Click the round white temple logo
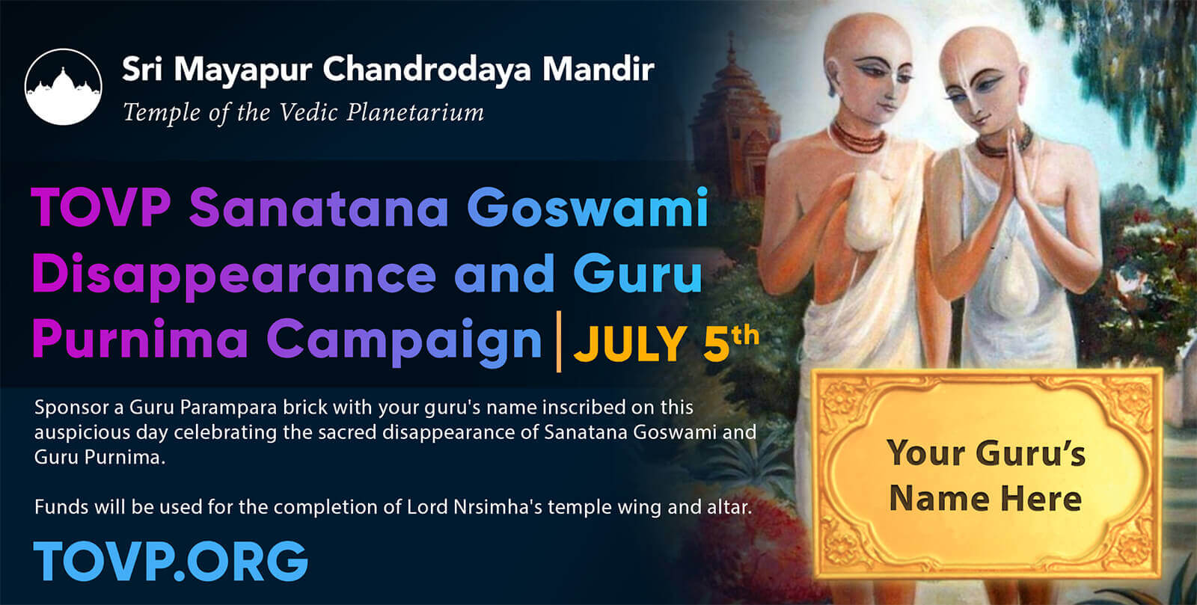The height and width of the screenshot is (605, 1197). [x=63, y=87]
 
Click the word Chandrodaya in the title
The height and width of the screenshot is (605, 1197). [x=426, y=70]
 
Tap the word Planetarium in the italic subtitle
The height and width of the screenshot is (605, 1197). [x=415, y=113]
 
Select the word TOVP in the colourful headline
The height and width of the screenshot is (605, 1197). [x=101, y=208]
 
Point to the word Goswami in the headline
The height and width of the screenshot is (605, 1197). [x=588, y=208]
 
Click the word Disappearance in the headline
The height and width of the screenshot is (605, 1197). [x=234, y=275]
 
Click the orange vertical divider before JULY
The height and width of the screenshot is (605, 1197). [x=558, y=341]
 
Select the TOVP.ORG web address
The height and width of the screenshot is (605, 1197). [x=171, y=561]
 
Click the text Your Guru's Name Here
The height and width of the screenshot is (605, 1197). [x=986, y=476]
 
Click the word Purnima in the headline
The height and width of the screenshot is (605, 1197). [x=140, y=340]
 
